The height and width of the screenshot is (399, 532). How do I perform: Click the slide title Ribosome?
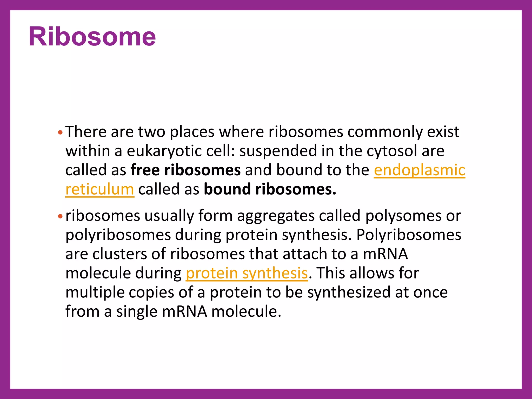(x=92, y=37)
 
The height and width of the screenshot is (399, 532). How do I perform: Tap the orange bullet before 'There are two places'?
(x=60, y=132)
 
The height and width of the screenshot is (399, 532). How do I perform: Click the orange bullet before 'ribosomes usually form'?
(x=60, y=216)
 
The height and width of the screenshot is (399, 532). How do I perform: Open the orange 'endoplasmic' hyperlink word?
(x=420, y=170)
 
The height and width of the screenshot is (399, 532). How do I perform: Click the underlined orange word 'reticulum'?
(x=100, y=189)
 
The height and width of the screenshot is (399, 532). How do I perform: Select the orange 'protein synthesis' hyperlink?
(x=247, y=273)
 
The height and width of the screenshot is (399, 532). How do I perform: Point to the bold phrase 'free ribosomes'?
(x=185, y=170)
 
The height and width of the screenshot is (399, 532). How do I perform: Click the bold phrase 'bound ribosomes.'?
(x=270, y=189)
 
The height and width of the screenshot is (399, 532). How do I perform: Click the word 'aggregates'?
(x=276, y=216)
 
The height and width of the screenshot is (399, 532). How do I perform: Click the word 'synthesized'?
(x=349, y=292)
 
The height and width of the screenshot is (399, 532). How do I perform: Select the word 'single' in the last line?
(x=137, y=311)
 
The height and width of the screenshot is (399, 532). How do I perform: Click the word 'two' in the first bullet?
(x=152, y=132)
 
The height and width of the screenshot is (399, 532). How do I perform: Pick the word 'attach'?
(x=305, y=254)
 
